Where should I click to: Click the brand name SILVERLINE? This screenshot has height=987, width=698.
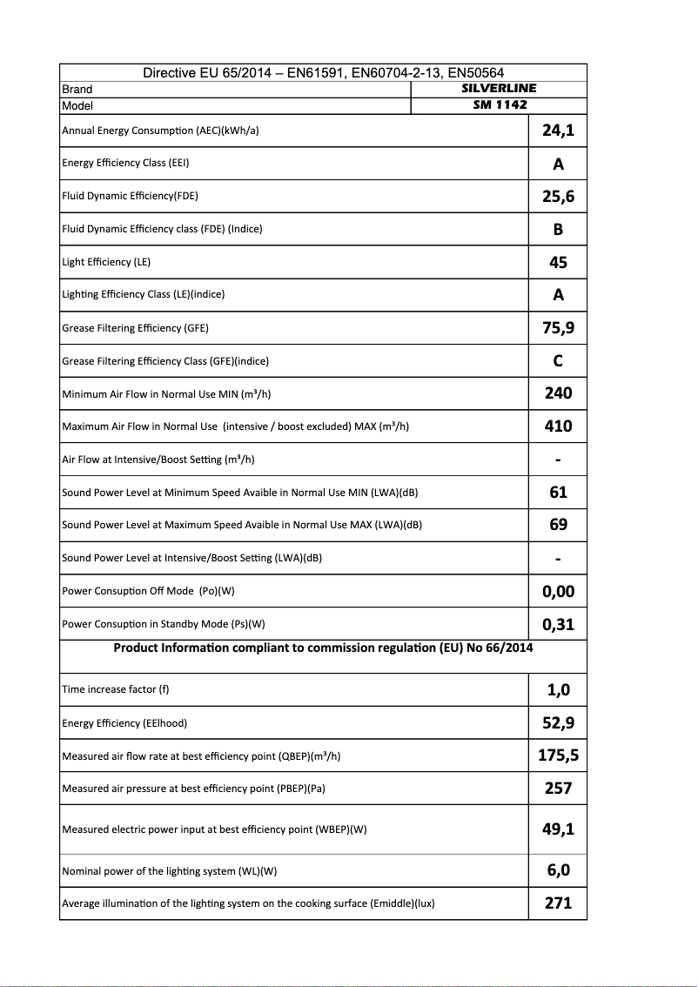[x=499, y=88]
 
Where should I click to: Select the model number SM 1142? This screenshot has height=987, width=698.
[x=499, y=105]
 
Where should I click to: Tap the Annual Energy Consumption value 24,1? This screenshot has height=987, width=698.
[x=558, y=131]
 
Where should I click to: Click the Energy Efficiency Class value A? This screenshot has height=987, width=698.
[x=558, y=164]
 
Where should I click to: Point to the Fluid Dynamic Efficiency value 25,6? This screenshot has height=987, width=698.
[x=558, y=197]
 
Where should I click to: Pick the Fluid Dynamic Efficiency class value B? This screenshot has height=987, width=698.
[x=558, y=229]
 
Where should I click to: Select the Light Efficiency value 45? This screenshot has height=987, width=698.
[x=558, y=262]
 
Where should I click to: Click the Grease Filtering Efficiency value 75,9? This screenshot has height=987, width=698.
[x=558, y=328]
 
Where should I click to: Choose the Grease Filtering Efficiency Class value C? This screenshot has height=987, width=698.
[x=558, y=360]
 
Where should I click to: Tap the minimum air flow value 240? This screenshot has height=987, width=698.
[x=558, y=393]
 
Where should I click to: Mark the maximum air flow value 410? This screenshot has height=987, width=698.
[x=558, y=426]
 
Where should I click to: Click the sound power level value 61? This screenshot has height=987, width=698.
[x=558, y=492]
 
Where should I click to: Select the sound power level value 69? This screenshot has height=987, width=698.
[x=558, y=525]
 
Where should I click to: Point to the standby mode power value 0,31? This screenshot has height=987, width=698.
[x=558, y=624]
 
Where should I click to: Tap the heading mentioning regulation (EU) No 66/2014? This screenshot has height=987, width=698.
[x=323, y=648]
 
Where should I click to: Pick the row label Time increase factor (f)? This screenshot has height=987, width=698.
[x=116, y=689]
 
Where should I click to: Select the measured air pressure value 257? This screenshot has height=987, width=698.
[x=558, y=788]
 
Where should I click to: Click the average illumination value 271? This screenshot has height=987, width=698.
[x=558, y=903]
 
